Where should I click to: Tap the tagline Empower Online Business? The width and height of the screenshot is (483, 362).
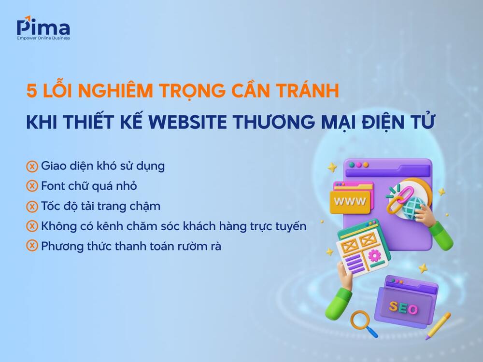click(x=43, y=38)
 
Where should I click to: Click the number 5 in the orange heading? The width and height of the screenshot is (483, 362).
click(x=31, y=91)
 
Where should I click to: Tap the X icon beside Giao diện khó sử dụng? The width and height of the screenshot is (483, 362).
click(x=32, y=167)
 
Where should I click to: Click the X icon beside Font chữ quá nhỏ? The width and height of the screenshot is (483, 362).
click(x=32, y=186)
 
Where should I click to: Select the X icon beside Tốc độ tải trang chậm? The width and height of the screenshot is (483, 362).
click(x=32, y=206)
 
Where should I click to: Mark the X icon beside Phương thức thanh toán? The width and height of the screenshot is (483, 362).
click(x=32, y=246)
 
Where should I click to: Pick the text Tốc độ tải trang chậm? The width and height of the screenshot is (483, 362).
click(x=100, y=206)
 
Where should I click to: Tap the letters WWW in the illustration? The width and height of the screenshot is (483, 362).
click(x=350, y=200)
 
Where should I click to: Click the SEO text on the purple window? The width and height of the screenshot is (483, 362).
click(x=404, y=307)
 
